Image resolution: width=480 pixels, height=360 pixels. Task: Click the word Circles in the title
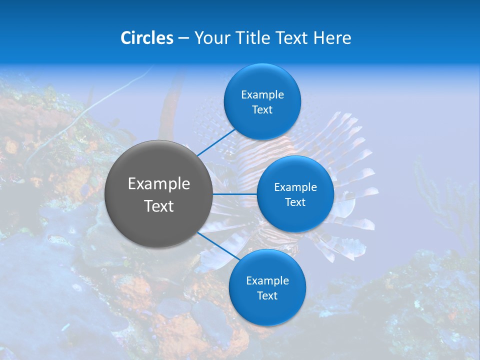(147, 38)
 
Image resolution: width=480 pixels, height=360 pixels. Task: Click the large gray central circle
(159, 165)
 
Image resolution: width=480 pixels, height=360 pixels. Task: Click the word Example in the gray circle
(159, 184)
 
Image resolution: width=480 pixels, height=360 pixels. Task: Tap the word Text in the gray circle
(159, 206)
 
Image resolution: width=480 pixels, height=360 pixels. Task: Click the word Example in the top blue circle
(262, 94)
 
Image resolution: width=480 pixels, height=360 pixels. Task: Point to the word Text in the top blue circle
(262, 110)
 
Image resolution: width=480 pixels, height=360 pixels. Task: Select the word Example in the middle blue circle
(295, 187)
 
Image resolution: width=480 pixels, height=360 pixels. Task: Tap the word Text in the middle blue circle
(295, 202)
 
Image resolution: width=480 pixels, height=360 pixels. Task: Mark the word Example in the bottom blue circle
(267, 280)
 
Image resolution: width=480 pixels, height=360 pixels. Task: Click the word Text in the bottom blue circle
(267, 296)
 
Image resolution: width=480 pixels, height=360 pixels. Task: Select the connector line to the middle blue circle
(235, 194)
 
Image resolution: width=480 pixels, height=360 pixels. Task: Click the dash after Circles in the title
(183, 38)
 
